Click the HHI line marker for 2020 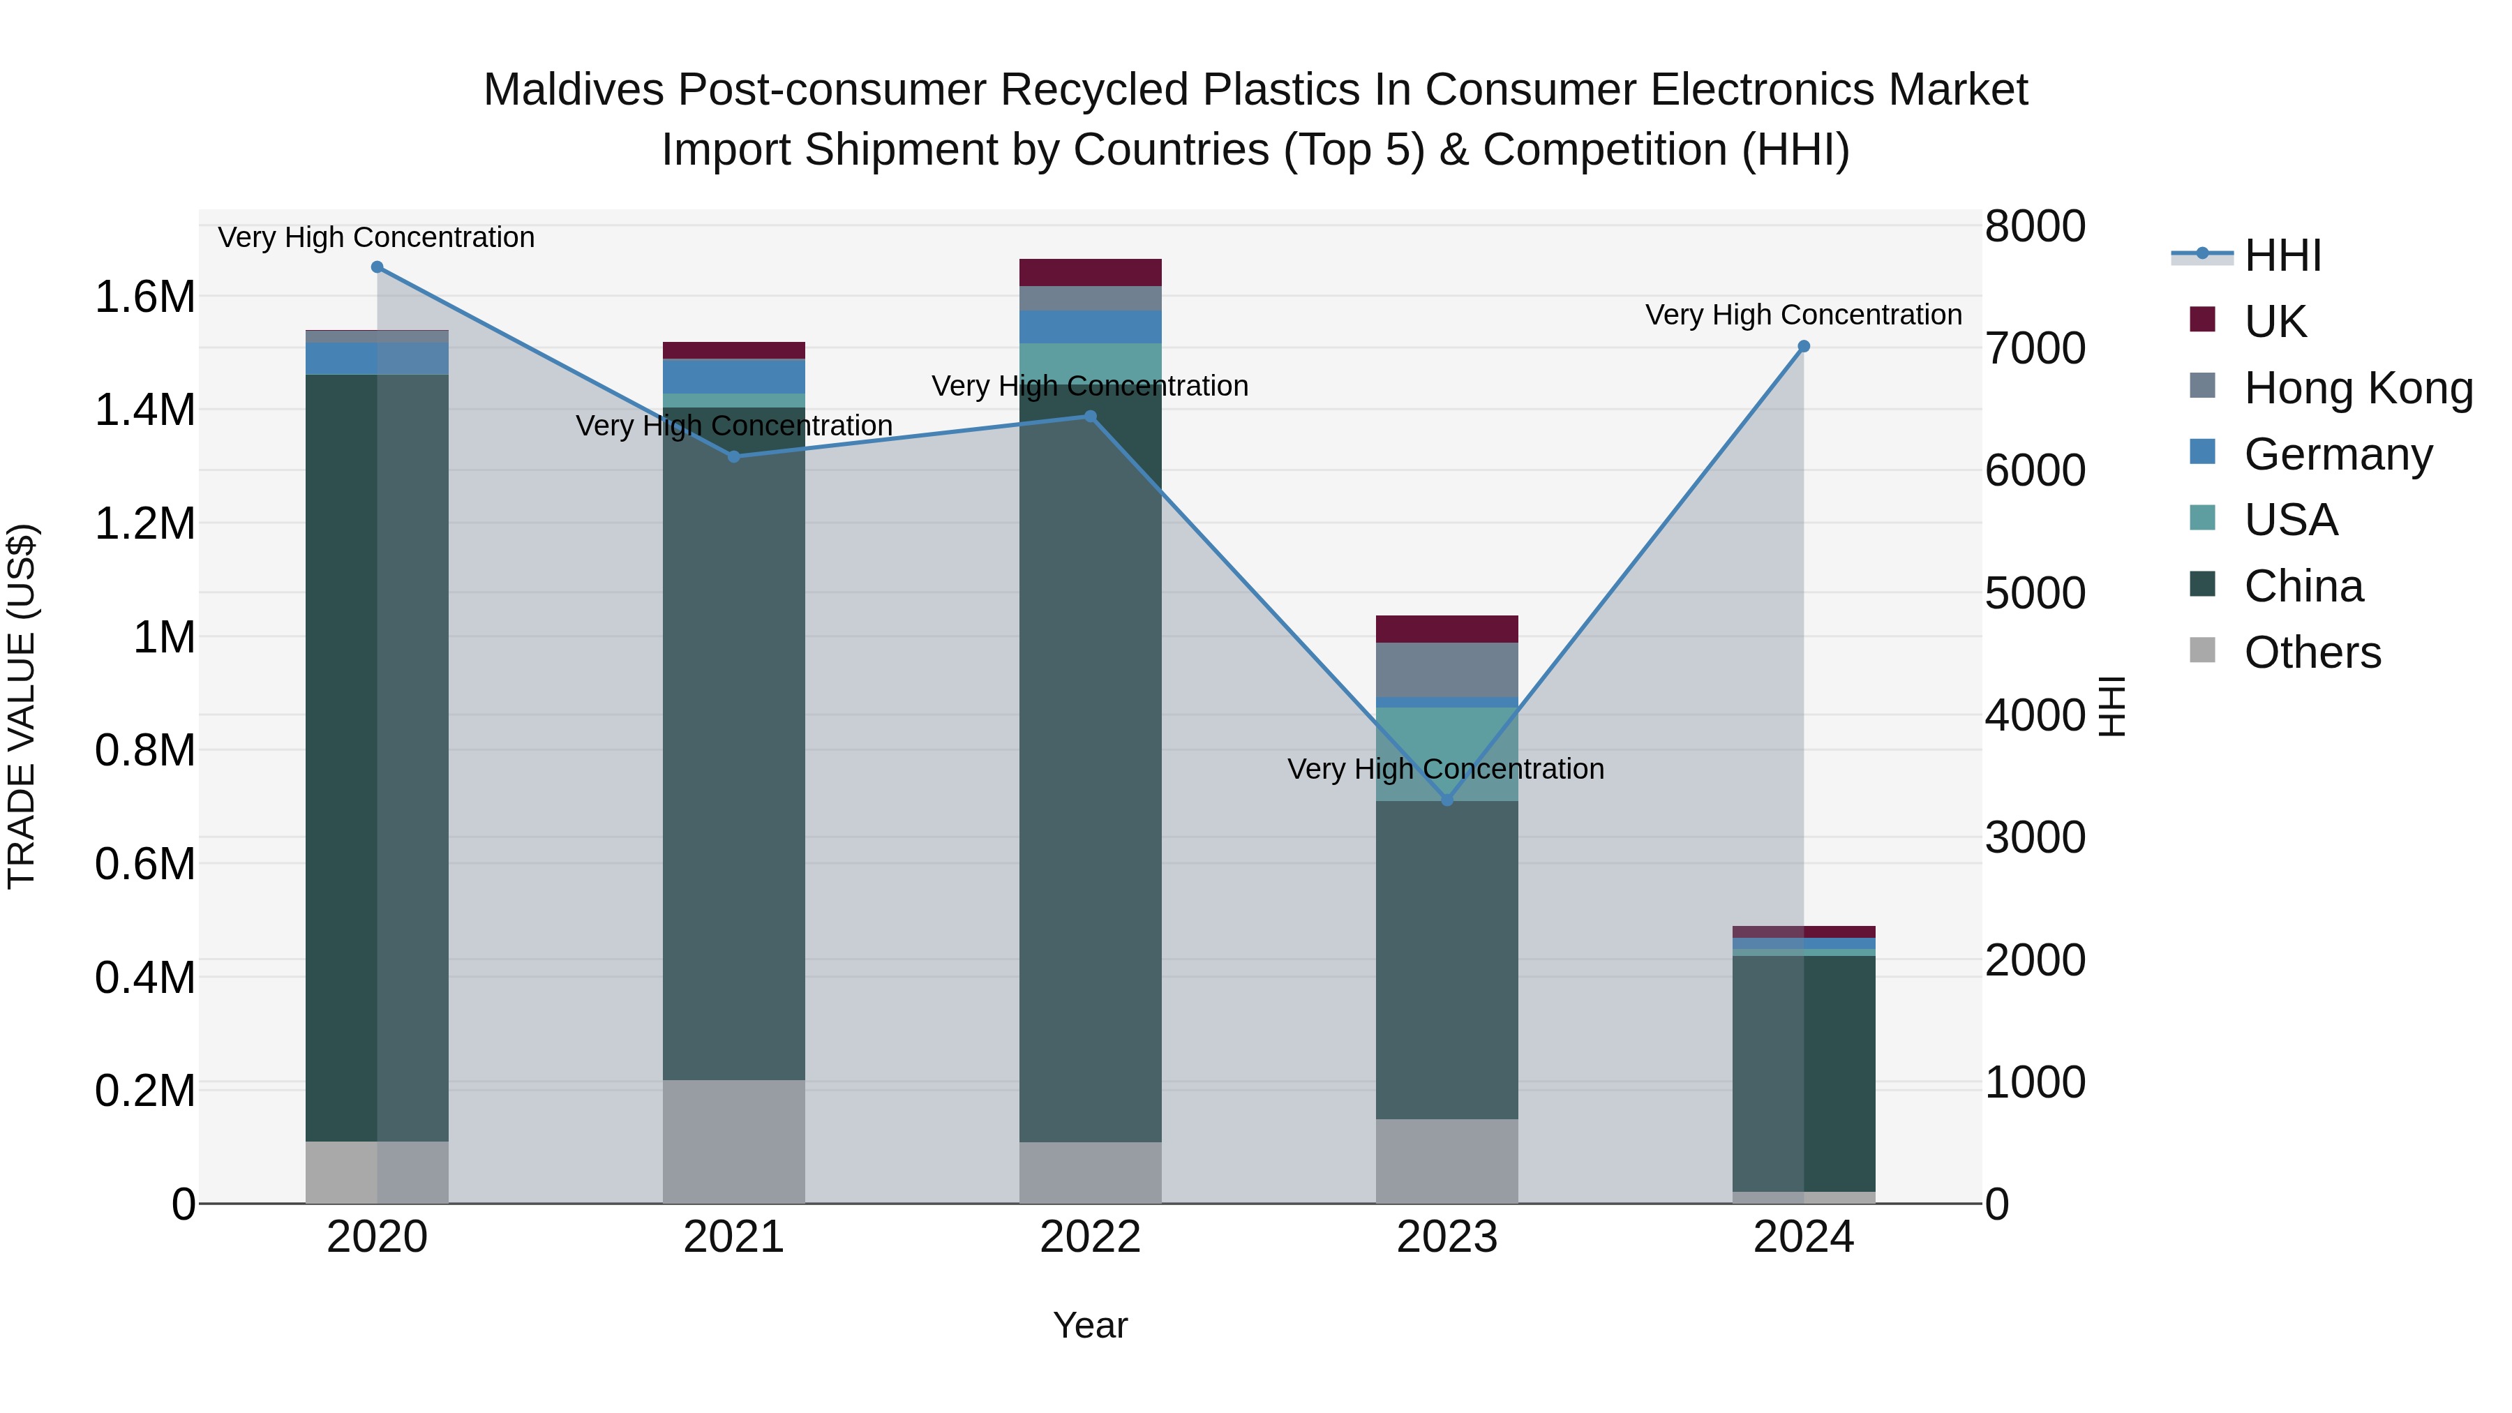pos(377,267)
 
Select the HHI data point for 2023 pos(1447,800)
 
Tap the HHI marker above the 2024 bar pos(1803,346)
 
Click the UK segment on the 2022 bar pos(1090,272)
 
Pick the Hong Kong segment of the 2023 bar pos(1447,669)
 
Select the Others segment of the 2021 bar pos(733,1141)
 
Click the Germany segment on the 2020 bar pos(377,358)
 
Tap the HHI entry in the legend pos(2282,255)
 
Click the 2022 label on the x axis pos(1090,1237)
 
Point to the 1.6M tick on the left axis pos(144,297)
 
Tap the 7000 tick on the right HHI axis pos(2034,348)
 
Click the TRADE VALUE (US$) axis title pos(22,706)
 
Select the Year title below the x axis pos(1090,1325)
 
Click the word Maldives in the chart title pos(574,90)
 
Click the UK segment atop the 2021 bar pos(733,351)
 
